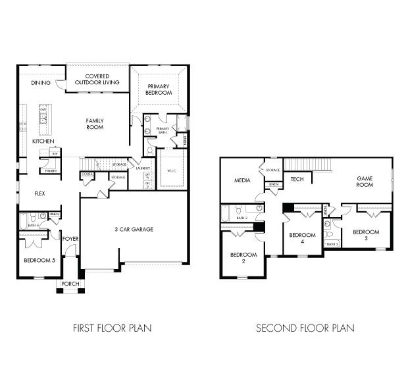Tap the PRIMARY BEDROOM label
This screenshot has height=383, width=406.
pos(159,90)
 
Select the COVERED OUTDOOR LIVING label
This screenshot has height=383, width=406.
pos(97,80)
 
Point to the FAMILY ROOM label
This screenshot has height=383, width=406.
pos(96,124)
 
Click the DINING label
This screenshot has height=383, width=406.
pos(41,84)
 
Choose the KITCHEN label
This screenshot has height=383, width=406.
pos(43,141)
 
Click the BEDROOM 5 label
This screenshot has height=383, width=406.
pos(39,261)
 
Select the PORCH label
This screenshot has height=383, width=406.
pos(70,284)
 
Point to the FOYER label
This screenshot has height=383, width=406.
pos(70,238)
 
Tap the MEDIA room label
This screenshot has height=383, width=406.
pos(243,180)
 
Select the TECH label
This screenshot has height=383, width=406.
pos(297,179)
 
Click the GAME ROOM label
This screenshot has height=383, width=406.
pos(365,182)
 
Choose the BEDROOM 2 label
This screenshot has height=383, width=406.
pos(243,258)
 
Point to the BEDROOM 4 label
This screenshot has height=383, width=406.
pos(302,238)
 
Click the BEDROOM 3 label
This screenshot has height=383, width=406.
pos(365,236)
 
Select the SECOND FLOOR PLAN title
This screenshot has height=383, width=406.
pos(305,327)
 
